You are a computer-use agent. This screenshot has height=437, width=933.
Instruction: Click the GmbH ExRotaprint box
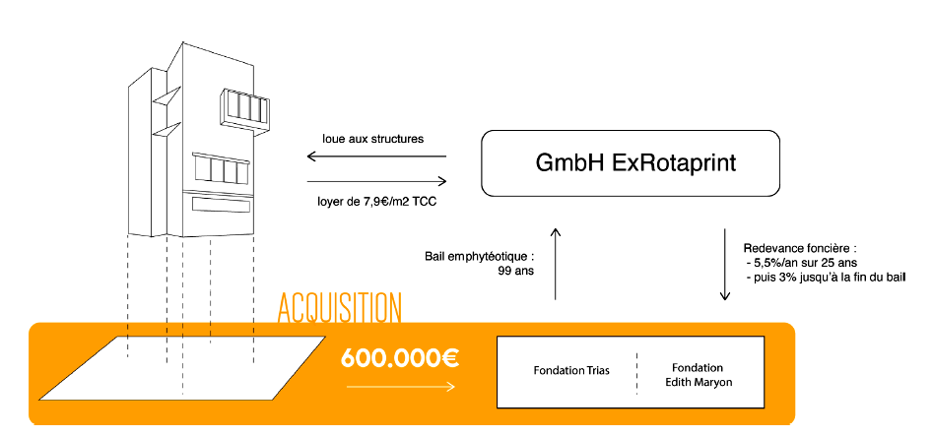click(x=630, y=162)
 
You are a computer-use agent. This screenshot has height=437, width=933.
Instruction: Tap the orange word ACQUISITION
click(x=339, y=307)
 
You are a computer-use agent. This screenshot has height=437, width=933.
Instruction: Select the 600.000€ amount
click(x=400, y=358)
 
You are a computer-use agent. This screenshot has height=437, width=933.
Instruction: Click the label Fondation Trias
click(x=571, y=371)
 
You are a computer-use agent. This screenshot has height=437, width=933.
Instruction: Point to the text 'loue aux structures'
click(x=372, y=138)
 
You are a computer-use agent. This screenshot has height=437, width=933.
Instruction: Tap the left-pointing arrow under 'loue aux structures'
click(x=375, y=156)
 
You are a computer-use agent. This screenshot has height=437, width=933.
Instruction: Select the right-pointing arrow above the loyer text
click(x=376, y=181)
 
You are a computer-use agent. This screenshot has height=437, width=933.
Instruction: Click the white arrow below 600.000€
click(x=400, y=387)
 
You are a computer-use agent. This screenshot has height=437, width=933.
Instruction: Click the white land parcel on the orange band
click(x=182, y=366)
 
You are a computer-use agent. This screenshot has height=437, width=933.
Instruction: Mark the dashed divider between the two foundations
click(x=636, y=372)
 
